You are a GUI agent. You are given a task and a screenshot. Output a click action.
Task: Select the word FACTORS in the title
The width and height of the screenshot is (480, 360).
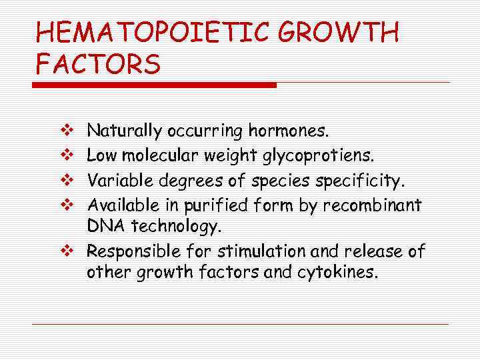point(98,65)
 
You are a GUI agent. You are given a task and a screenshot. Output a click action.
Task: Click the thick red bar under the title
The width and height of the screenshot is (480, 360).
point(155,85)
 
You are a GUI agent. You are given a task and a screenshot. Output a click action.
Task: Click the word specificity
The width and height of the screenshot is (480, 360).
point(361,180)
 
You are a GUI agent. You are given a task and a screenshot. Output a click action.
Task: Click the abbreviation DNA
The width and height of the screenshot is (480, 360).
point(104,227)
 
